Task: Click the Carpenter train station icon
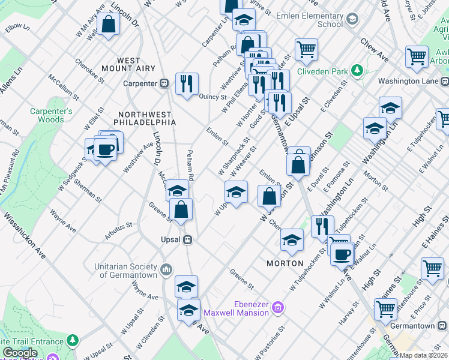(164, 83)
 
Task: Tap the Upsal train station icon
(188, 239)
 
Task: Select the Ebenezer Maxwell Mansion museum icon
(277, 308)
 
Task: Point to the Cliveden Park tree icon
(357, 71)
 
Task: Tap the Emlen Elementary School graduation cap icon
(351, 20)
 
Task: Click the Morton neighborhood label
(285, 263)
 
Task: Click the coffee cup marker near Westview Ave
(105, 149)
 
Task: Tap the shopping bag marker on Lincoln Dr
(109, 25)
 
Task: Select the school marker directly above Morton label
(292, 240)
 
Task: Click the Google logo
(20, 353)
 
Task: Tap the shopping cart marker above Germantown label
(385, 309)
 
